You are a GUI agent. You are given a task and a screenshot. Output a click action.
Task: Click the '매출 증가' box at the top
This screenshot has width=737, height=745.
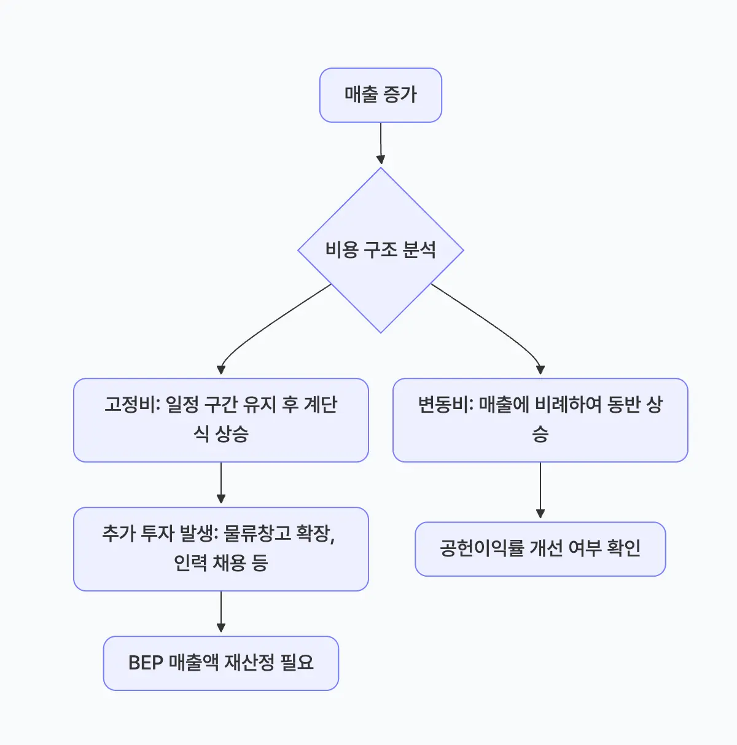pos(380,95)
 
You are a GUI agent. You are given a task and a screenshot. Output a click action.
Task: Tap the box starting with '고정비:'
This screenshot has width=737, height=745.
pos(220,419)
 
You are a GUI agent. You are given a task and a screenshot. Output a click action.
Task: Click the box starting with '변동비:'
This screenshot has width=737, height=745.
pos(540,419)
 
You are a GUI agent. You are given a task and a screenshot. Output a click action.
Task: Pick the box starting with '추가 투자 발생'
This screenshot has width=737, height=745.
pos(220,548)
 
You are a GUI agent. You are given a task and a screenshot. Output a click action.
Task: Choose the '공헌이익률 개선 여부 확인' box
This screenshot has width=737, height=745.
pos(540,548)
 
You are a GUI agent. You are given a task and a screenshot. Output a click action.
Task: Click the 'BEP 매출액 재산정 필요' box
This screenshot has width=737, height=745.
pos(220,663)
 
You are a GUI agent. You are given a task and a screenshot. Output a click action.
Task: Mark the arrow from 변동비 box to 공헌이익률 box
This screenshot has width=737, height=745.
pos(540,490)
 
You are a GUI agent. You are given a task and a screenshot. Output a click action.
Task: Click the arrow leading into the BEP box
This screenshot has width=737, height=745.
pos(221,612)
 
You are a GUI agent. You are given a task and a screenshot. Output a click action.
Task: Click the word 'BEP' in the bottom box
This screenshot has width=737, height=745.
pos(146,663)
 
